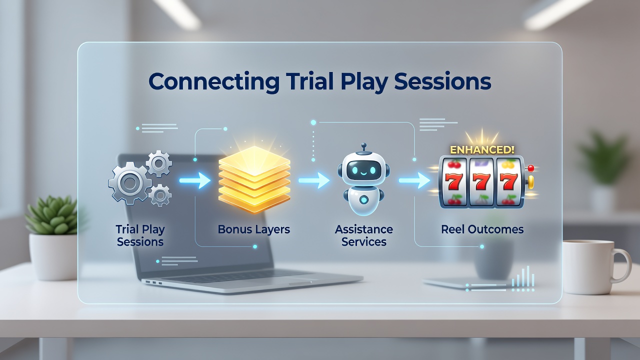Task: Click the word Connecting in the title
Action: [x=213, y=82]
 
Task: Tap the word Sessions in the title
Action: [x=442, y=81]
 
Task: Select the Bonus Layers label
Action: [x=253, y=229]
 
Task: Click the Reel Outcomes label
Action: [x=482, y=229]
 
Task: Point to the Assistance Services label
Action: [x=363, y=235]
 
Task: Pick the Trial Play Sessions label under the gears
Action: [x=140, y=235]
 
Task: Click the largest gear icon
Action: [x=130, y=182]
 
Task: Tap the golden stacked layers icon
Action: [x=254, y=179]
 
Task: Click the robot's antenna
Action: [x=363, y=147]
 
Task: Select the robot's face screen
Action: [x=363, y=170]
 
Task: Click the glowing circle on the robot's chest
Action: [x=363, y=199]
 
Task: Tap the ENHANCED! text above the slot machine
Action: [x=482, y=150]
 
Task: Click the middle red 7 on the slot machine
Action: [x=481, y=181]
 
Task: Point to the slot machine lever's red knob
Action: [x=531, y=168]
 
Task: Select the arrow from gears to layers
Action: [x=195, y=180]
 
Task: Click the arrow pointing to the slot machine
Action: [x=414, y=180]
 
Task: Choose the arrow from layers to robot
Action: [x=314, y=180]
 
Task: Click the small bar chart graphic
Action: [x=522, y=276]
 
